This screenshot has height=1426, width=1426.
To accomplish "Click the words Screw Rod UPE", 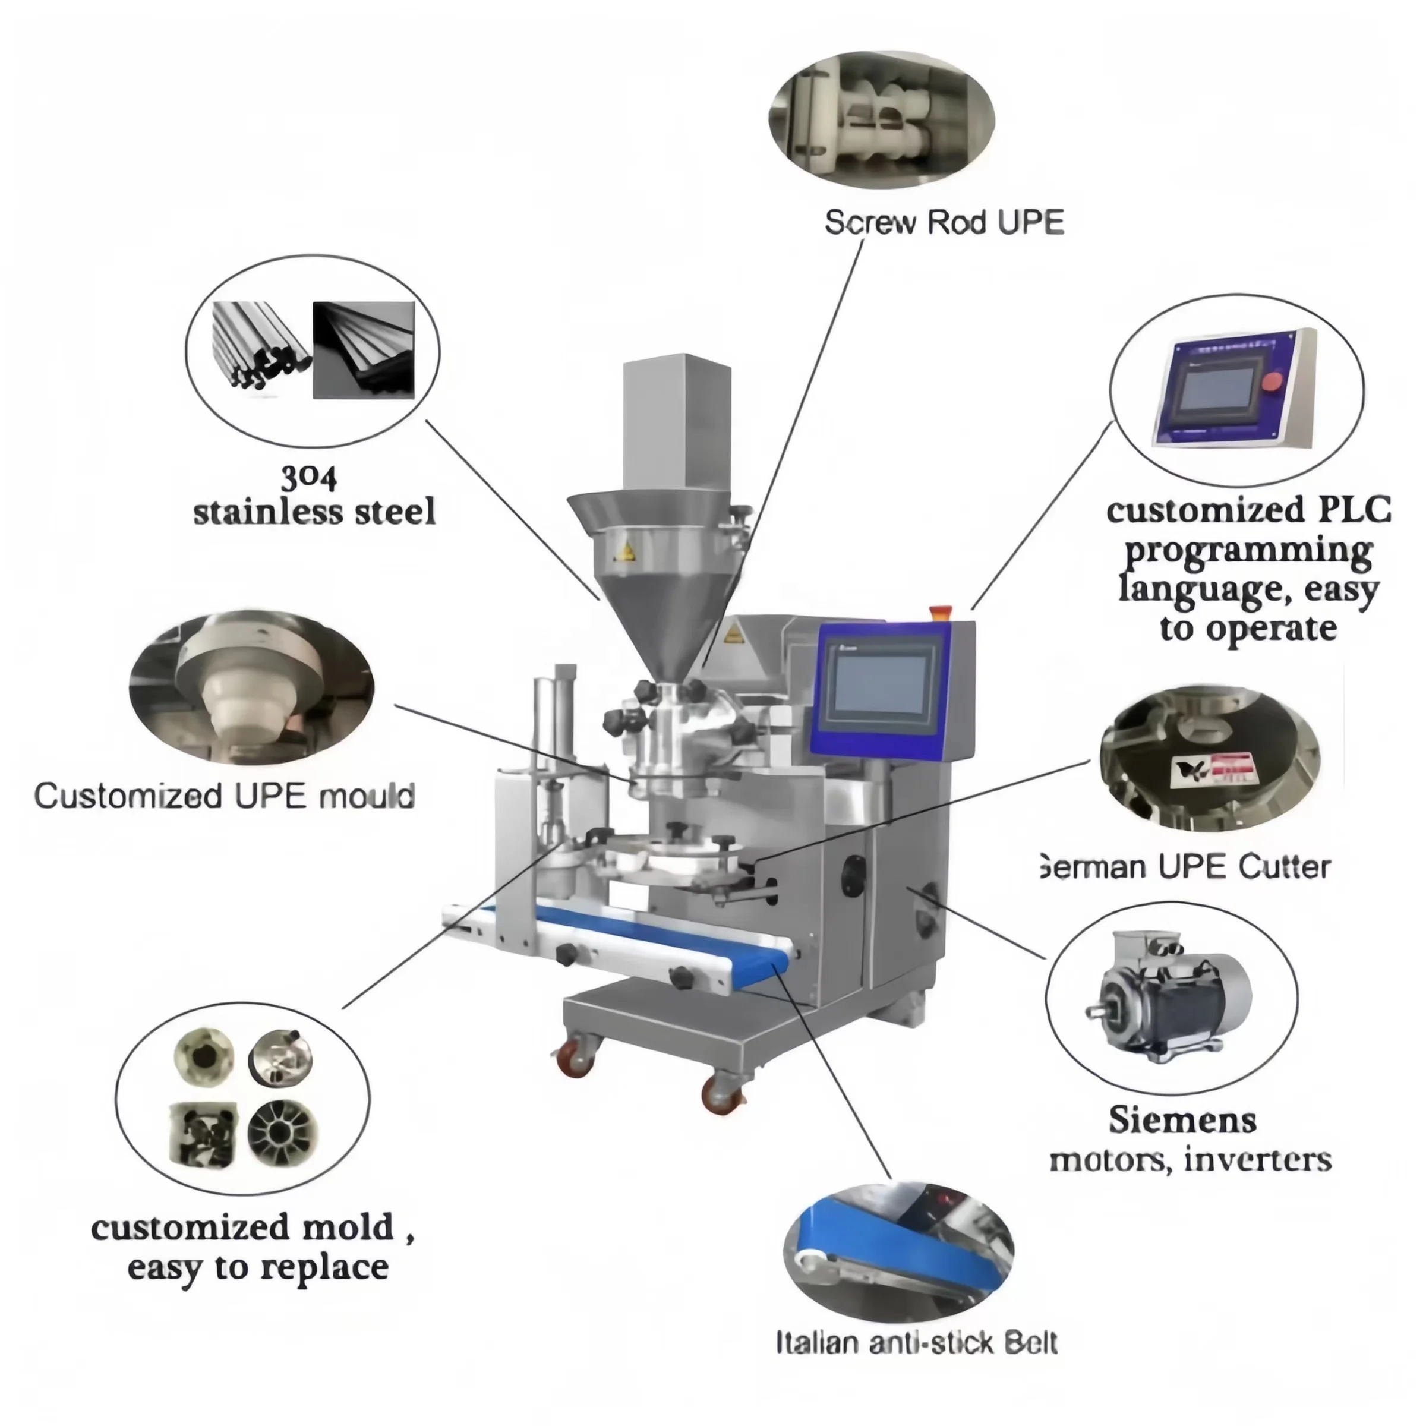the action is (944, 222).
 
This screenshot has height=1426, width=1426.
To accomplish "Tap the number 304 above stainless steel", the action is (309, 478).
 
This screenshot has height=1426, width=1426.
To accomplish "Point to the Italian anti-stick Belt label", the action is (916, 1342).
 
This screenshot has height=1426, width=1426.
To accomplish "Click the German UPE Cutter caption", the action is (1185, 866).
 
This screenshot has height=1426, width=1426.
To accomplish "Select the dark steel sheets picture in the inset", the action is (363, 350).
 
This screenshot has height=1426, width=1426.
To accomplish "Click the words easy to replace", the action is (258, 1267).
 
